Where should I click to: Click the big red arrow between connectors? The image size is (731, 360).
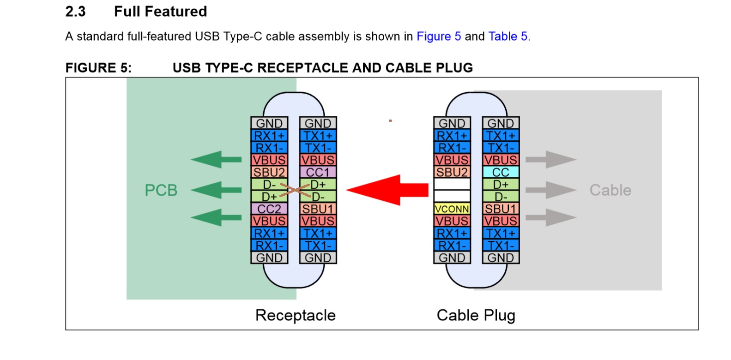click(387, 190)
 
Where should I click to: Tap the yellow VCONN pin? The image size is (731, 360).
click(452, 209)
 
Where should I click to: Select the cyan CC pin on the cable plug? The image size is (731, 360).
click(501, 172)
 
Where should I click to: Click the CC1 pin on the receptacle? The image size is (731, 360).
click(318, 172)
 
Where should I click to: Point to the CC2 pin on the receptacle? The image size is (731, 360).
click(269, 209)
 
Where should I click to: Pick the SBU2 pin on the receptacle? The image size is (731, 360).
click(269, 172)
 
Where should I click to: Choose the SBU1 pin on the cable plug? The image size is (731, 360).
click(501, 209)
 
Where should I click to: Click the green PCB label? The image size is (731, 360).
click(161, 190)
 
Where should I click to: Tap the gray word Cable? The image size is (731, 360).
click(610, 190)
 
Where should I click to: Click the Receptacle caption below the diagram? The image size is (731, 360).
click(296, 315)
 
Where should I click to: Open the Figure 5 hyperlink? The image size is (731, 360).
click(439, 36)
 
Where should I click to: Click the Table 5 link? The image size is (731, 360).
click(508, 36)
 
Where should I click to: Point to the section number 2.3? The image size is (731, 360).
click(75, 12)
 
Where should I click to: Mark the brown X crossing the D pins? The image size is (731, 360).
click(295, 190)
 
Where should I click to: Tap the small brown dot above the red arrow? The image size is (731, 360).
click(390, 120)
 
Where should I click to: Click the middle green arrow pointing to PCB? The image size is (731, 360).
click(216, 190)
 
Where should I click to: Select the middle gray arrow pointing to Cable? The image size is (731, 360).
click(551, 190)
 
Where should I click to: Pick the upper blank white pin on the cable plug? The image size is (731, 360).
click(452, 184)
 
